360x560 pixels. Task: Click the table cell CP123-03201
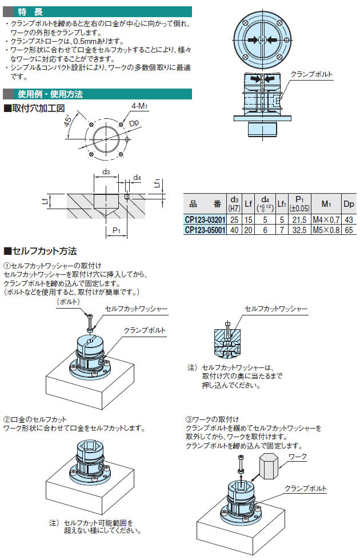[205, 219]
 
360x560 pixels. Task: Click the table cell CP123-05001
[205, 230]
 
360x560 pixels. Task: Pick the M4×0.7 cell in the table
[326, 219]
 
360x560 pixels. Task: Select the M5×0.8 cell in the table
[326, 230]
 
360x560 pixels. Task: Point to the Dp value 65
[349, 230]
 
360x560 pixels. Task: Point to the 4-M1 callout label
[139, 106]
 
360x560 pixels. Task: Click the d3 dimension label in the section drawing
[106, 171]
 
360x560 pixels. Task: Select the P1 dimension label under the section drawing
[116, 230]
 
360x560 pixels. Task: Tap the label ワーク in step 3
[298, 457]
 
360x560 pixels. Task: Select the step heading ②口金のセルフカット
[35, 419]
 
